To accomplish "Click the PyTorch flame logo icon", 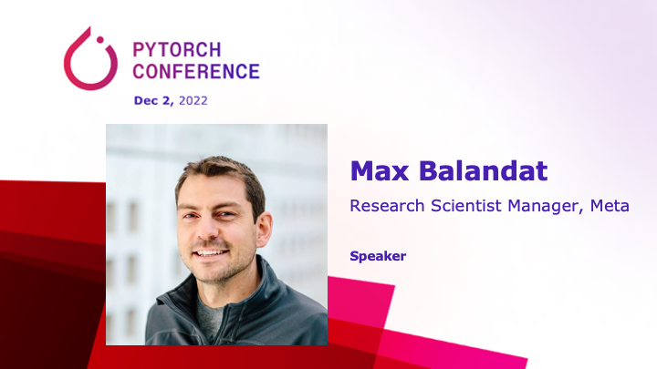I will tap(89, 60).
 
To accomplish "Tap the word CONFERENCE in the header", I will tap(196, 71).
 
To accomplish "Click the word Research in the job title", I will tap(388, 206).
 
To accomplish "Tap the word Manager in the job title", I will tap(544, 206).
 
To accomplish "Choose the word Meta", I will tap(609, 206).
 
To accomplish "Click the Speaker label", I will tap(378, 256).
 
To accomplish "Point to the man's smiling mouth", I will tap(210, 252).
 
